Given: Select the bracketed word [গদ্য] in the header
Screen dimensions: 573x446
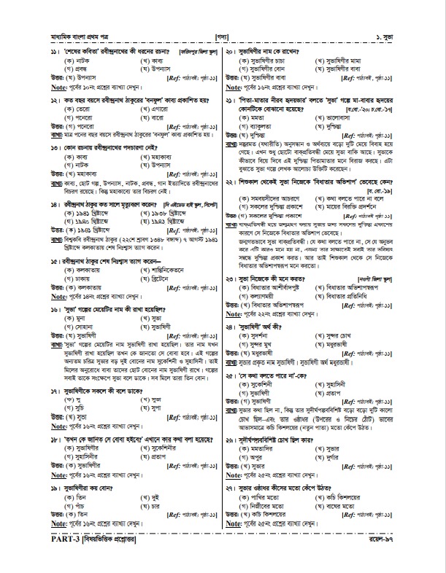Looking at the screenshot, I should pos(223,35).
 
